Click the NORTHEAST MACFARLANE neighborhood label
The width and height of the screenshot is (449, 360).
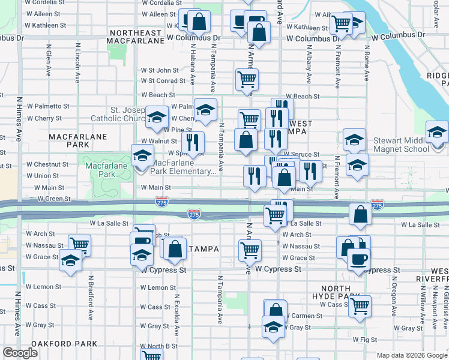(135, 37)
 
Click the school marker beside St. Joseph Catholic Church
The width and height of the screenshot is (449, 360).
(157, 116)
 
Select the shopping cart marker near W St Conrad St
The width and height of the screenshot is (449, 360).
(247, 79)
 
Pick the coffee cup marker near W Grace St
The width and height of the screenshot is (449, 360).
(359, 259)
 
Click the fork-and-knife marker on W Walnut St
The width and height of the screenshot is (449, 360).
(192, 143)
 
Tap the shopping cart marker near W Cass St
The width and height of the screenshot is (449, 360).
(360, 306)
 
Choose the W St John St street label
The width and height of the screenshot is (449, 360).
(160, 70)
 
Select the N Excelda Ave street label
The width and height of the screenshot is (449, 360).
(176, 314)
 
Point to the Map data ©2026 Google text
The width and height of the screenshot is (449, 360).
(412, 355)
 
